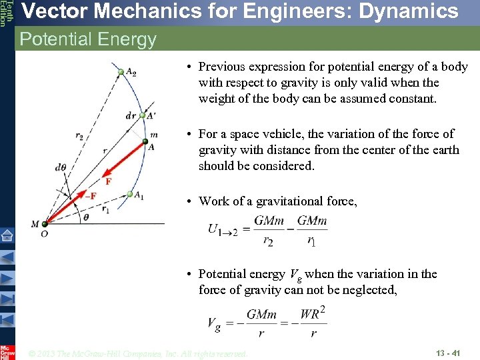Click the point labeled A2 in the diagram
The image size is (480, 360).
[121, 71]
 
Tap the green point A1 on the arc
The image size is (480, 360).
[130, 194]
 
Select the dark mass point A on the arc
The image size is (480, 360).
[144, 141]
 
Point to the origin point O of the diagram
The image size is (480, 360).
[45, 224]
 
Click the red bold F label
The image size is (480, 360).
[108, 181]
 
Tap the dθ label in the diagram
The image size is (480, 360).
[61, 167]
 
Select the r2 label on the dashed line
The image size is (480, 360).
[79, 137]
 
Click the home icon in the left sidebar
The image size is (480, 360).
[7, 235]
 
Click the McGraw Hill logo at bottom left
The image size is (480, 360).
[7, 352]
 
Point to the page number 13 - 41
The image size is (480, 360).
[448, 353]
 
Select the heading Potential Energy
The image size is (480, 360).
[88, 39]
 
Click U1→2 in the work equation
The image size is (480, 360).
[223, 229]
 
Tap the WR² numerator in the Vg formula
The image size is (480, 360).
[313, 313]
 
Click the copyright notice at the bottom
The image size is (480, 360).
[139, 353]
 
